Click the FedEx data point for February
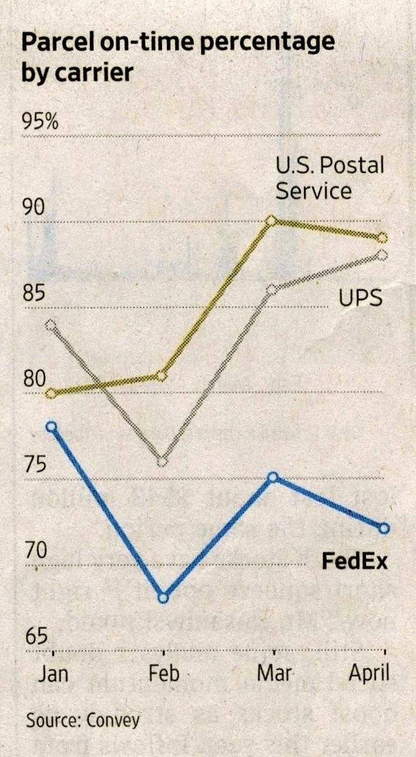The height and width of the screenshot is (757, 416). (163, 597)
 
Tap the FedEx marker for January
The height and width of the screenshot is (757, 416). (52, 427)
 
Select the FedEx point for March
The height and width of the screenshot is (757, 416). (272, 477)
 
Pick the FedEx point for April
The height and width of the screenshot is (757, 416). (383, 529)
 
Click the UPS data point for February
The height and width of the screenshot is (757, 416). (162, 462)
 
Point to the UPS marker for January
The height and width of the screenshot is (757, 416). (51, 325)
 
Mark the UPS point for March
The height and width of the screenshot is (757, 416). (271, 290)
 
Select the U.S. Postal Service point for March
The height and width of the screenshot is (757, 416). (271, 220)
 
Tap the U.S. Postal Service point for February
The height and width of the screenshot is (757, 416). (161, 375)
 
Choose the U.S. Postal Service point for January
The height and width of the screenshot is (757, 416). (51, 394)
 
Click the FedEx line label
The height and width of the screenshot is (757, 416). (355, 561)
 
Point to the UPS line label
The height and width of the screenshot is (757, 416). (360, 298)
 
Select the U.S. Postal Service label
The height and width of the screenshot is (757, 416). (330, 178)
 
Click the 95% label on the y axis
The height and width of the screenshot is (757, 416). (41, 121)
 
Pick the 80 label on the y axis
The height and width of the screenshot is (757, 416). (36, 379)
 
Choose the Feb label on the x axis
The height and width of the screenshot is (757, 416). (164, 673)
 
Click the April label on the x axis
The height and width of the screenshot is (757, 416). (368, 674)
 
